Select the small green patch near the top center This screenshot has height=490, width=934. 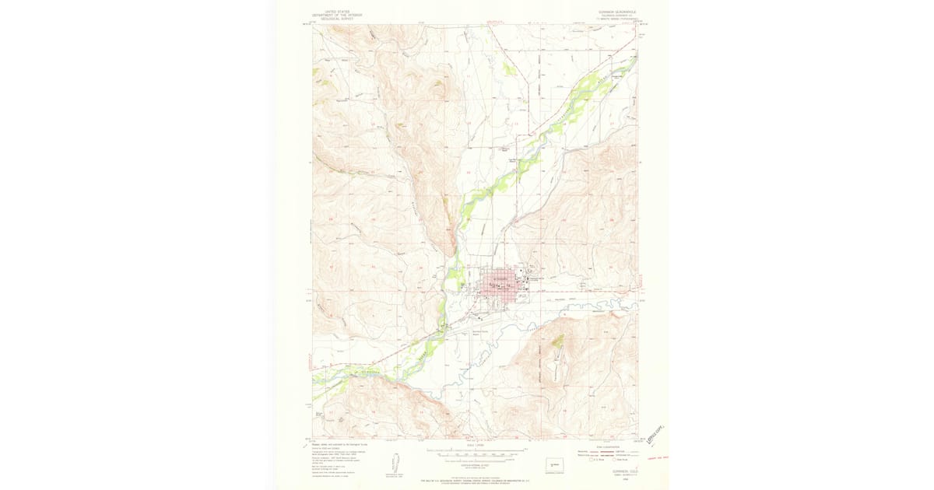tap(509, 68)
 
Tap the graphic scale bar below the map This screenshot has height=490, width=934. tap(474, 451)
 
